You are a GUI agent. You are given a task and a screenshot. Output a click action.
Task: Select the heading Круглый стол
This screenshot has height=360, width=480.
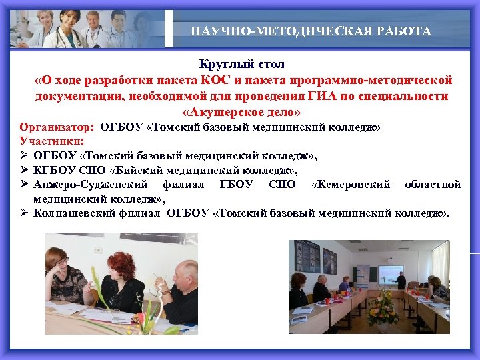tap(241, 65)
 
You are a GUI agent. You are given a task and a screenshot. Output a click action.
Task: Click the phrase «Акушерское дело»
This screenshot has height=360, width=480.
tap(241, 111)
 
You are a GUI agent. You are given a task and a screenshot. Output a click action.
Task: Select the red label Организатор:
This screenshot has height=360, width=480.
tap(57, 127)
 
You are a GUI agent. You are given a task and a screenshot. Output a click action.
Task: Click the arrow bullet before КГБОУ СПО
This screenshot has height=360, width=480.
tap(23, 170)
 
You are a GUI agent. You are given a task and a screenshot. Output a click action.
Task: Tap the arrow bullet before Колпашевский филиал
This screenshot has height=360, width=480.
tap(23, 214)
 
